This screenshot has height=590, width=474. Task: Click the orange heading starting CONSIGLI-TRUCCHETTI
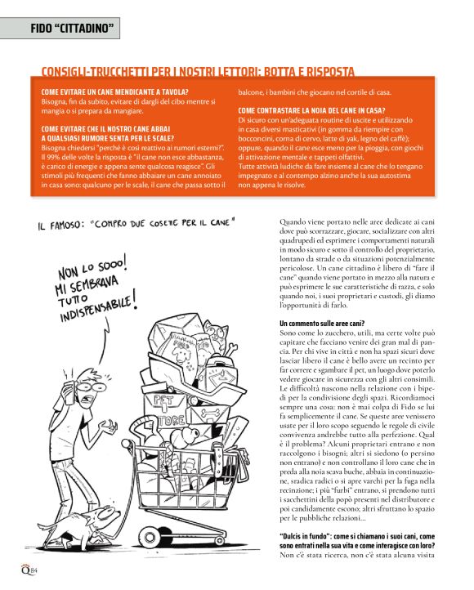(197, 72)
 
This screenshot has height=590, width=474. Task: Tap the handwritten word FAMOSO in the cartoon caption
(69, 223)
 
